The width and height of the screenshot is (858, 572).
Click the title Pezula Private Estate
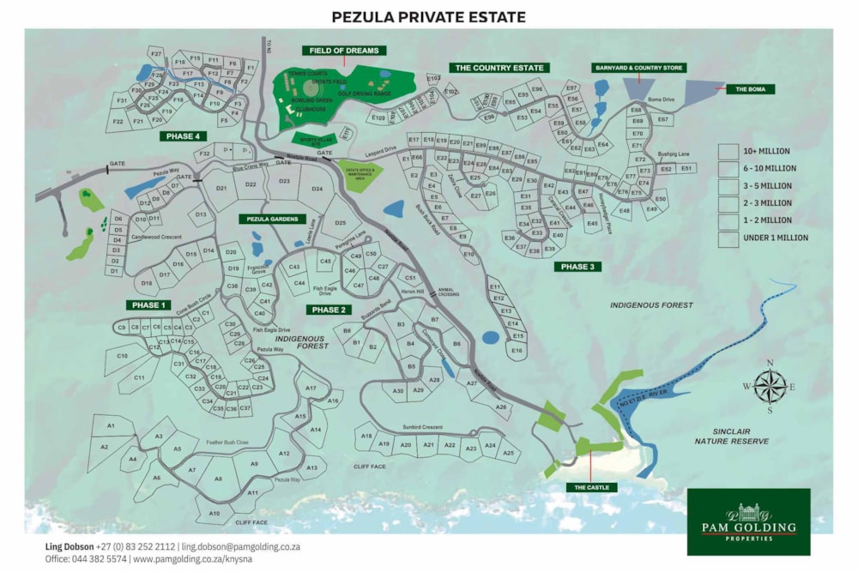pyautogui.click(x=428, y=16)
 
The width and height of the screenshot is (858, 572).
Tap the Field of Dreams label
pyautogui.click(x=344, y=51)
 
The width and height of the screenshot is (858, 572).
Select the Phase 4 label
pyautogui.click(x=184, y=136)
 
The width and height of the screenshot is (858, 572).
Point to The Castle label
pyautogui.click(x=591, y=487)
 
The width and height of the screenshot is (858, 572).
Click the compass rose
pyautogui.click(x=770, y=386)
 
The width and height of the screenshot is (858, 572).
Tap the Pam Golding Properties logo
pyautogui.click(x=748, y=521)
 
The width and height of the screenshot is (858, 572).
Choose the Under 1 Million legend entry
pyautogui.click(x=728, y=238)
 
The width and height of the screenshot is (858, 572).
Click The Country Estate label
pyautogui.click(x=499, y=67)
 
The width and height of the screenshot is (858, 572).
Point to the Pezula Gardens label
pyautogui.click(x=272, y=220)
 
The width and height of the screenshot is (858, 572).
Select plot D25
pyautogui.click(x=340, y=224)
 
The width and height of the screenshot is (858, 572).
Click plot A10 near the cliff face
pyautogui.click(x=214, y=513)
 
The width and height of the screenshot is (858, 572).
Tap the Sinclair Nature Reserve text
pyautogui.click(x=731, y=436)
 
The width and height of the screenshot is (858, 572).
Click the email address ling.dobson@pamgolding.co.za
pyautogui.click(x=240, y=546)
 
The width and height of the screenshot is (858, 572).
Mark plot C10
pyautogui.click(x=122, y=355)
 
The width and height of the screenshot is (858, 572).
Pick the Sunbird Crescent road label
pyautogui.click(x=421, y=427)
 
